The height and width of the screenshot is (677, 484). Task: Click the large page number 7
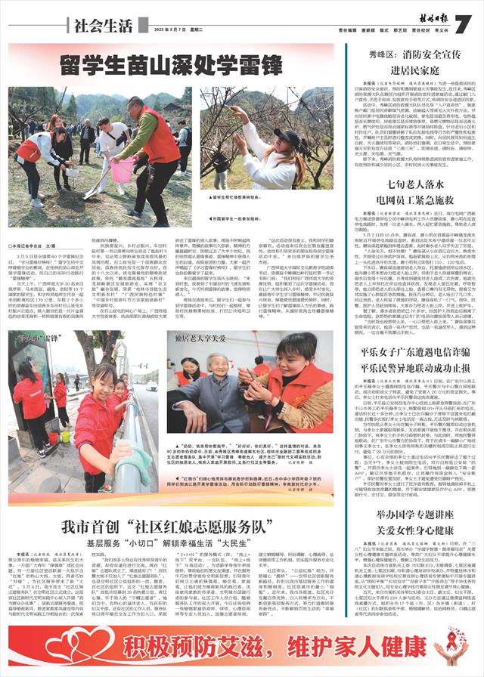click(463, 23)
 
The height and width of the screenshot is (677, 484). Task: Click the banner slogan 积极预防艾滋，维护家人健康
click(242, 649)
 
